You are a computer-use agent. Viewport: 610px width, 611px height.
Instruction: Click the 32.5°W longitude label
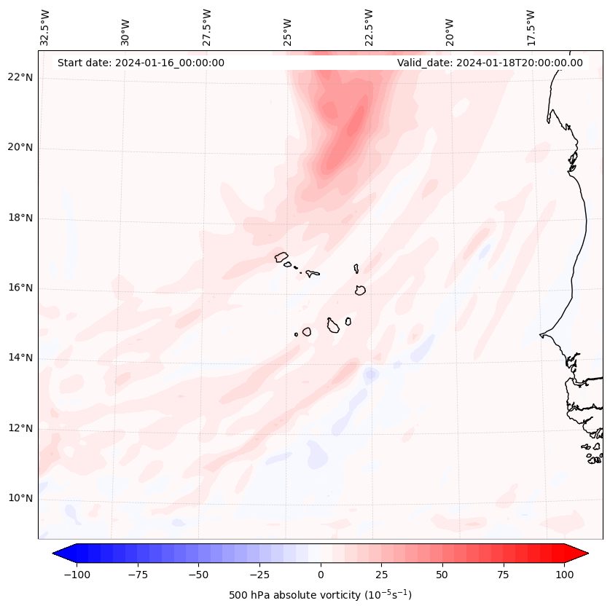click(45, 28)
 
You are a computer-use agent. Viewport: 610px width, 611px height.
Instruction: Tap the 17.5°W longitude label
click(531, 28)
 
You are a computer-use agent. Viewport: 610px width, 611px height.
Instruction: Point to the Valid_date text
click(490, 63)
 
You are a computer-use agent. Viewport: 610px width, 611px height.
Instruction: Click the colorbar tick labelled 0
click(320, 575)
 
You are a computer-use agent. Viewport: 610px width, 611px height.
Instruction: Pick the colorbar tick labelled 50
click(442, 575)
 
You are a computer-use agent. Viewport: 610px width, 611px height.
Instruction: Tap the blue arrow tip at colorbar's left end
click(58, 553)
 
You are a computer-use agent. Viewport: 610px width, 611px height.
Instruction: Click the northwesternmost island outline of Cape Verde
click(281, 256)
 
